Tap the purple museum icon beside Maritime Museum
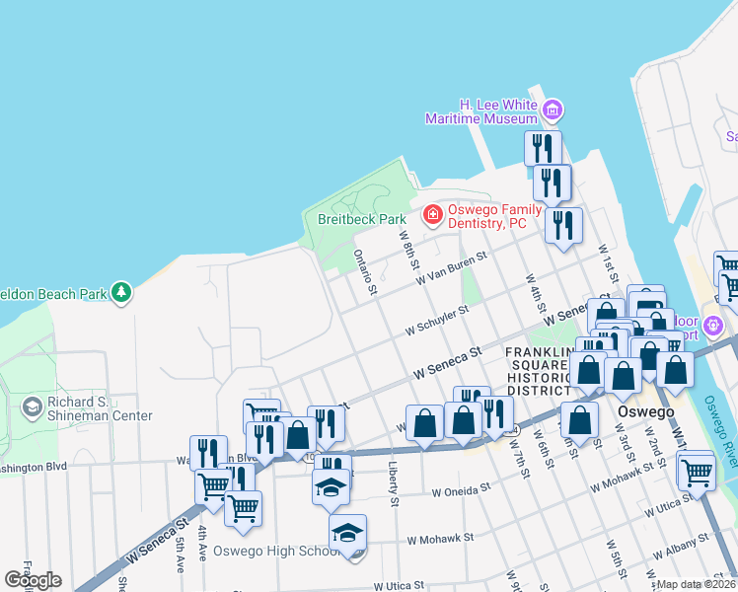tap(553, 109)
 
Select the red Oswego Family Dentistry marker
tap(431, 213)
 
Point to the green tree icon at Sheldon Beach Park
tap(121, 292)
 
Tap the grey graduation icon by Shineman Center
tap(32, 407)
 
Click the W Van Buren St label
tap(452, 268)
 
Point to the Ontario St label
tap(364, 270)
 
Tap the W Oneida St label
tap(461, 488)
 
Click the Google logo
tap(33, 580)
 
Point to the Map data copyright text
tap(697, 584)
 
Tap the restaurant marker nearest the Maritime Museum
tap(543, 149)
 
